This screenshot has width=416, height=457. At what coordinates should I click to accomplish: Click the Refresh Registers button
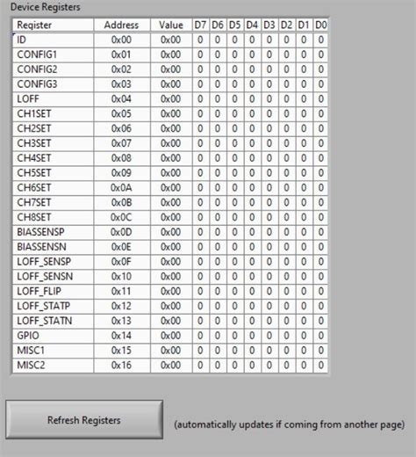pos(84,420)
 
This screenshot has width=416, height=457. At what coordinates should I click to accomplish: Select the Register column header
pos(36,25)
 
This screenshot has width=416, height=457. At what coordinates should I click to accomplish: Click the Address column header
pos(121,25)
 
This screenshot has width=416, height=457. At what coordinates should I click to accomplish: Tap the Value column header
pos(171,25)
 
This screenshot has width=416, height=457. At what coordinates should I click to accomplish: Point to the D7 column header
pos(201,25)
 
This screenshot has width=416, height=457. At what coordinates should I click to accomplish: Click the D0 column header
pos(320,25)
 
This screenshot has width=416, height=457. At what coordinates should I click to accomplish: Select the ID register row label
pos(22,40)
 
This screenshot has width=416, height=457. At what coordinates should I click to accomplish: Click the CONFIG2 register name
pos(37,69)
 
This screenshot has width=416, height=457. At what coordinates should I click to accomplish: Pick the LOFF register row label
pos(27,98)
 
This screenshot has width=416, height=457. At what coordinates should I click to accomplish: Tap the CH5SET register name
pos(34,172)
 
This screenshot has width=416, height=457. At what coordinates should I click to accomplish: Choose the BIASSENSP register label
pos(40,231)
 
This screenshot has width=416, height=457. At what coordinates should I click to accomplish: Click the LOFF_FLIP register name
pos(38,290)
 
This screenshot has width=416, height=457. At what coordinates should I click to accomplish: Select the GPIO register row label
pos(27,335)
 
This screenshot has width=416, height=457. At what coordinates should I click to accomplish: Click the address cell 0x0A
pos(121,187)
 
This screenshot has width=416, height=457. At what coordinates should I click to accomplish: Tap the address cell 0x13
pos(121,320)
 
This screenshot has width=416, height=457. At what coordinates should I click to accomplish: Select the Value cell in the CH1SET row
pos(171,113)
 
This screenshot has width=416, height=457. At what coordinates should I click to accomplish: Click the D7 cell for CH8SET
pos(201,216)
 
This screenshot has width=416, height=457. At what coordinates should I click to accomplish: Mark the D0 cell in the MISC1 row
pos(320,350)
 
